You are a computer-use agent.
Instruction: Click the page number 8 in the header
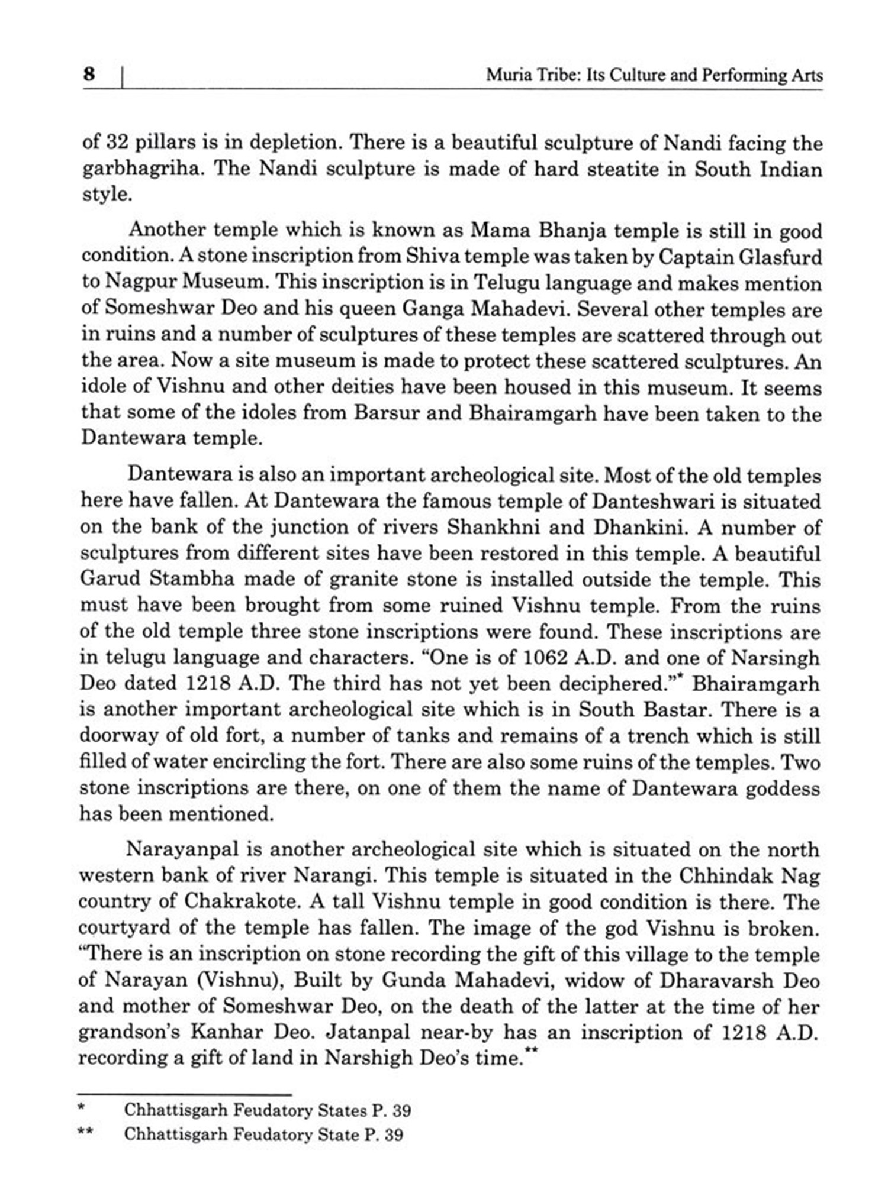(x=89, y=75)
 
